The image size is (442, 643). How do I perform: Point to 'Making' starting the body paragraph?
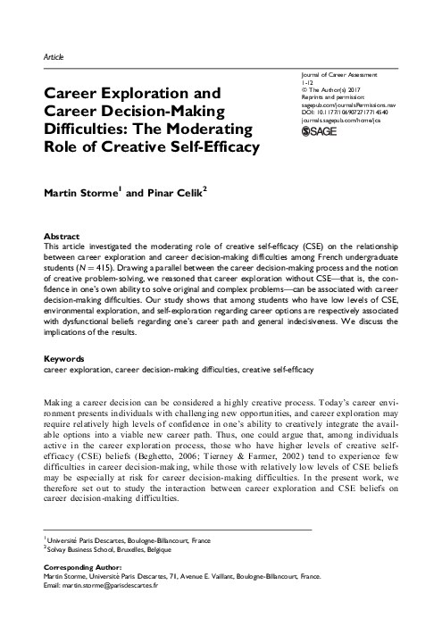(x=59, y=405)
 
